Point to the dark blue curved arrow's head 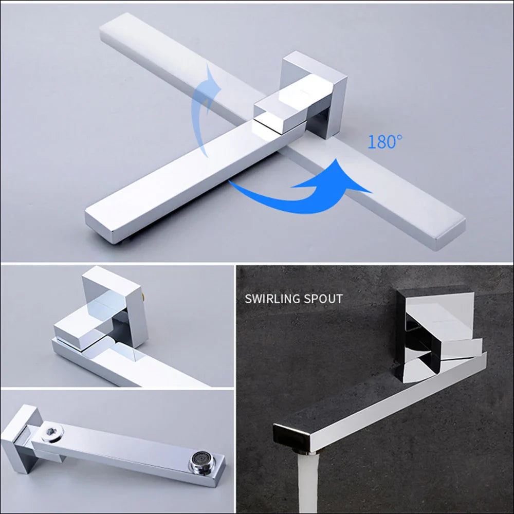355,180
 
